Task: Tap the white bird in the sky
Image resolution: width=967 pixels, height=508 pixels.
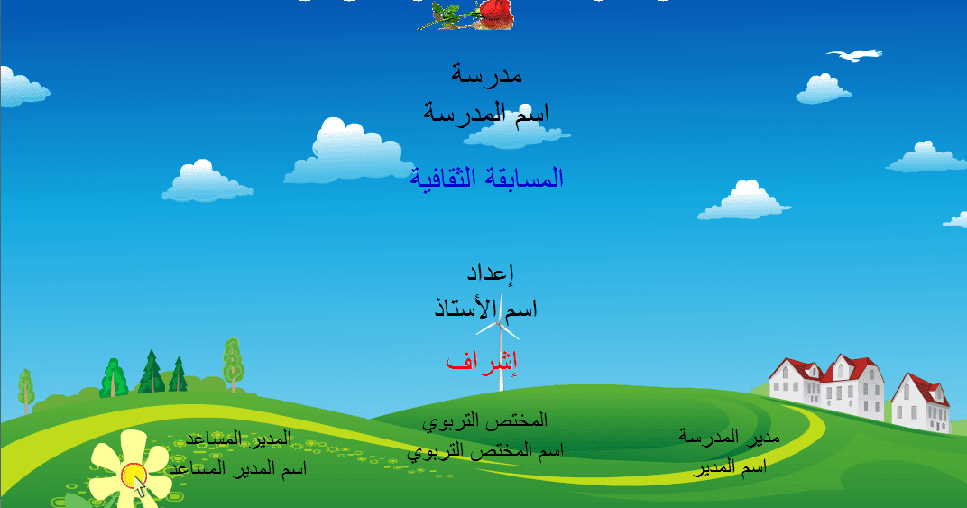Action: tap(855, 55)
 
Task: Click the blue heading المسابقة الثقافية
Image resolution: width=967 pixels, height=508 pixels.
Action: tap(486, 179)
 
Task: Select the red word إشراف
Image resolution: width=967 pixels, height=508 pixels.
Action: tap(482, 361)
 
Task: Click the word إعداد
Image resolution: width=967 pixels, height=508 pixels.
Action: tap(491, 272)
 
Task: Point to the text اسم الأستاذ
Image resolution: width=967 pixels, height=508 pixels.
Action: tap(486, 308)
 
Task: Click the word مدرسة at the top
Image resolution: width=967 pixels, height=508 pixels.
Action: tap(486, 75)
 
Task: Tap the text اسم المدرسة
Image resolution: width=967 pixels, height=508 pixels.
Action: tap(486, 113)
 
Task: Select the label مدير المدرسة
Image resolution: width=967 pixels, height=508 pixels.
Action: tap(730, 437)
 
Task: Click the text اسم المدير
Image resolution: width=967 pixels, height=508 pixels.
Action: tap(730, 467)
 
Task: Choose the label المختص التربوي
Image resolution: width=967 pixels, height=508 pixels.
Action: tap(484, 421)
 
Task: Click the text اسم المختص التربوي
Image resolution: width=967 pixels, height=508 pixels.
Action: tap(485, 451)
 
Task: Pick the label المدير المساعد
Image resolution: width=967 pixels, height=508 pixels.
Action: tap(238, 439)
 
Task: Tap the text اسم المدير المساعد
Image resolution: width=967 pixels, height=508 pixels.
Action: tap(238, 469)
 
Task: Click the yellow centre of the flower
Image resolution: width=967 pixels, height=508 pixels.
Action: tap(133, 476)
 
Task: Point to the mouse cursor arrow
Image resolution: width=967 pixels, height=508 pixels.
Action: tap(140, 486)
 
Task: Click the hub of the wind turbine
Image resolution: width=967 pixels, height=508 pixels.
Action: tap(499, 322)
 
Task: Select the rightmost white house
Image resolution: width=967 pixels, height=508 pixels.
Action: tap(921, 402)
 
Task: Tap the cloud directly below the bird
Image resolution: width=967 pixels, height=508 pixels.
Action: tap(824, 89)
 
